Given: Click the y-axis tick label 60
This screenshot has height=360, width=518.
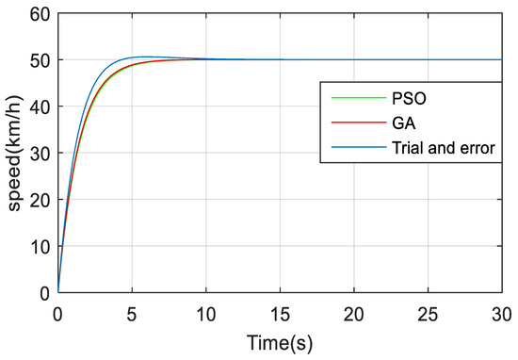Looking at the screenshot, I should [x=40, y=13].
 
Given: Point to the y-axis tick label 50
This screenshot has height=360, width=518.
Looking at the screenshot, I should [x=40, y=60].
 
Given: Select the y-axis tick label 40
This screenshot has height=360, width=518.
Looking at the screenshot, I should [x=40, y=106].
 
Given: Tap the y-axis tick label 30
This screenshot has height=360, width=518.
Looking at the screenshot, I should [x=40, y=153].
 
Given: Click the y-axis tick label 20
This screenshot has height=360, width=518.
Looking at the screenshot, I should [x=40, y=200].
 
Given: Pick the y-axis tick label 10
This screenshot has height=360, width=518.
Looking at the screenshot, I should [x=40, y=246].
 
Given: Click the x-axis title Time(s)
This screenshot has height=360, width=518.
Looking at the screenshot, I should [x=280, y=340].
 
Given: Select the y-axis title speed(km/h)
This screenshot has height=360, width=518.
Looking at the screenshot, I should [x=14, y=153].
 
